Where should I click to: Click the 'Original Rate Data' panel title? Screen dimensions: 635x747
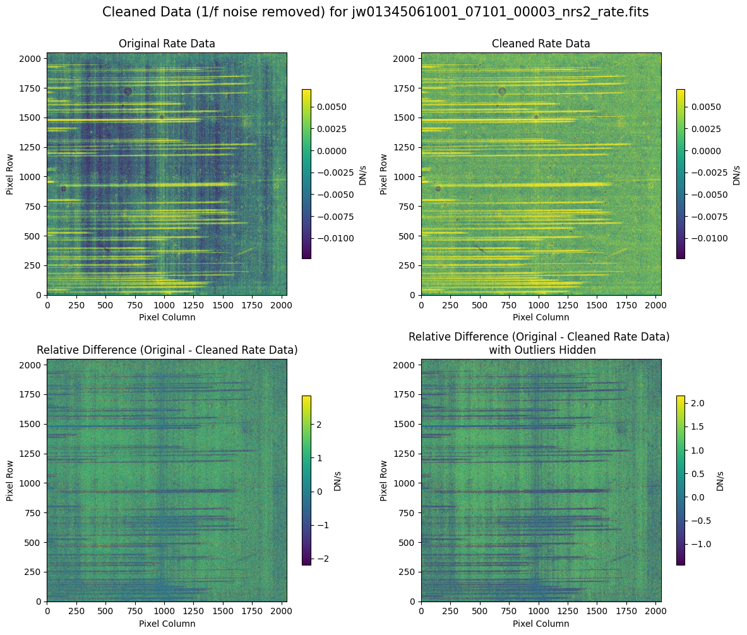167,44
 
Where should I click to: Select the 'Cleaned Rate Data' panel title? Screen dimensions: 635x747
541,44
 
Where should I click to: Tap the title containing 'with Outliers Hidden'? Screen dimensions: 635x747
539,349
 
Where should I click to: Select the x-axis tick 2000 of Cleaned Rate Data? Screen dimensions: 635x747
655,305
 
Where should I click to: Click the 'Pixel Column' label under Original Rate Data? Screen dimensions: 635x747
167,317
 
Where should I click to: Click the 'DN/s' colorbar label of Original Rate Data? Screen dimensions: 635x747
363,174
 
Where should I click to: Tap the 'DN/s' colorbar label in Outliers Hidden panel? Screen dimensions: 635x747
720,480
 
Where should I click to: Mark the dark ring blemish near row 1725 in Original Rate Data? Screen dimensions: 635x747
128,91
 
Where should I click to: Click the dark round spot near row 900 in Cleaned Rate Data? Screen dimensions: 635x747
438,188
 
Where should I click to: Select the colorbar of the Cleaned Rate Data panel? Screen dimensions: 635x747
681,174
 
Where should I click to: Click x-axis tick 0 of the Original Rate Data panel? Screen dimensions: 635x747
47,305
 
